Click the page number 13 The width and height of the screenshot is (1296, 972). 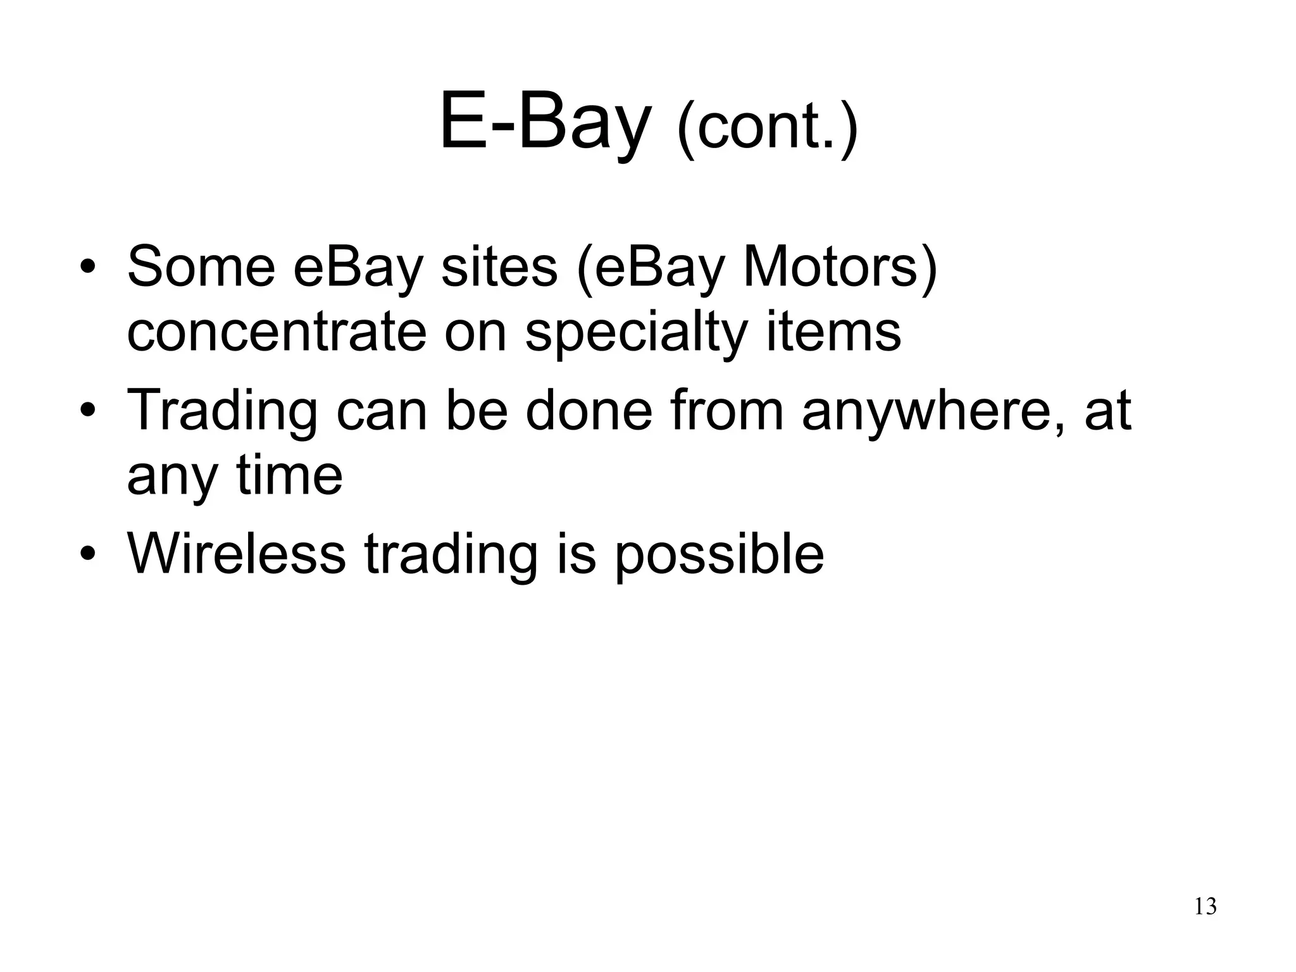pyautogui.click(x=1205, y=907)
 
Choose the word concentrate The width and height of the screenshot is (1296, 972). pyautogui.click(x=277, y=333)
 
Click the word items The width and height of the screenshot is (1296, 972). pyautogui.click(x=833, y=333)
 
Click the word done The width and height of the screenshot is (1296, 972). pyautogui.click(x=589, y=410)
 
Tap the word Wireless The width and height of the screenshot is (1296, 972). pyautogui.click(x=236, y=554)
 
